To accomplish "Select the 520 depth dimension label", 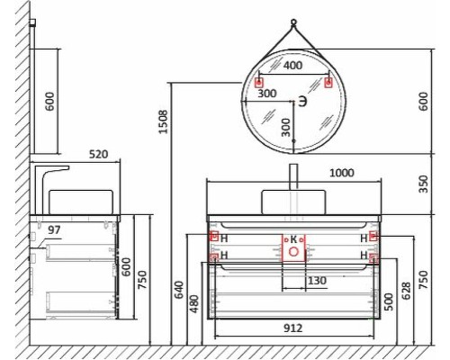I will tap(98, 155).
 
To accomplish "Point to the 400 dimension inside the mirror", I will tap(292, 67).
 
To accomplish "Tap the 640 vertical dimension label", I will tap(179, 290).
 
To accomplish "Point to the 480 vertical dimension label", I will tap(193, 306).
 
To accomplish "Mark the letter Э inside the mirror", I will tap(302, 103).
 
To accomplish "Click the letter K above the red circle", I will tap(292, 239).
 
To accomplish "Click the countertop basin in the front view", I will tap(293, 200).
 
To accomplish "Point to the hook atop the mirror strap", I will tap(293, 23).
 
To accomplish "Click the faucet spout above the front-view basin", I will tap(293, 175).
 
